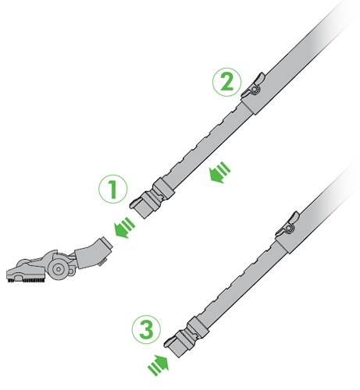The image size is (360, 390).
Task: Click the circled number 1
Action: click(113, 189)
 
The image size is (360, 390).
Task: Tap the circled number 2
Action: click(227, 82)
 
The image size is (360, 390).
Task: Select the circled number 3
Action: click(146, 329)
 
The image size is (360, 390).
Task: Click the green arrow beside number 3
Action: click(159, 366)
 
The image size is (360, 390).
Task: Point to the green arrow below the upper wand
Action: click(220, 172)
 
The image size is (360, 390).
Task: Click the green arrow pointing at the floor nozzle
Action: click(125, 228)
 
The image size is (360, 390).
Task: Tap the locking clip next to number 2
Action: click(253, 85)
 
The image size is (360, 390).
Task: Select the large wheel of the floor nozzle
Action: click(59, 269)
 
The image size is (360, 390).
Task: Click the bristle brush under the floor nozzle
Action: click(27, 281)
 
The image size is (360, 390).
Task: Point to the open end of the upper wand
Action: click(141, 210)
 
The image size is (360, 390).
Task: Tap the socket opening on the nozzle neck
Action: click(107, 244)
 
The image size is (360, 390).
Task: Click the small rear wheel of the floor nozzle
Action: click(71, 271)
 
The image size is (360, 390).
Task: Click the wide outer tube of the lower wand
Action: click(320, 205)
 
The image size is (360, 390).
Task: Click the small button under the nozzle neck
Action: click(102, 263)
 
